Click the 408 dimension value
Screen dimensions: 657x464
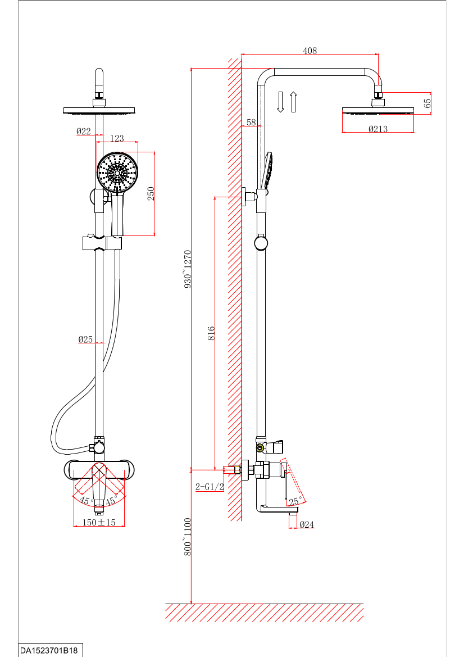[x=310, y=51]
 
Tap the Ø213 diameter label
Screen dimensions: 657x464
[x=378, y=129]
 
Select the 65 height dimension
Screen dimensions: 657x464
[x=427, y=103]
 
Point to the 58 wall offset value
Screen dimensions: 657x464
[x=251, y=122]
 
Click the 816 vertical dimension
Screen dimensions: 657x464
[x=211, y=333]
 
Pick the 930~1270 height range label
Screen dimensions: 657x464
[x=188, y=269]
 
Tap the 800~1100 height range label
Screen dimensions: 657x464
[x=188, y=537]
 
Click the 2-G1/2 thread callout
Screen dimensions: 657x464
[x=210, y=487]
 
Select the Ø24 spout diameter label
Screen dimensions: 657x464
[x=307, y=524]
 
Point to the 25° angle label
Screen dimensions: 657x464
[x=295, y=499]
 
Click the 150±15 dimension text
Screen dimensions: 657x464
[x=99, y=522]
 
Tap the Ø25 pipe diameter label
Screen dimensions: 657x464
[x=85, y=339]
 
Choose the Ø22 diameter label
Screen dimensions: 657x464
[x=84, y=132]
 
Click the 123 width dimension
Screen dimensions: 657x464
[x=117, y=138]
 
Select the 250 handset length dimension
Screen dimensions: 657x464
[x=151, y=193]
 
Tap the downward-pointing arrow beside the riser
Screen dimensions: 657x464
[x=281, y=102]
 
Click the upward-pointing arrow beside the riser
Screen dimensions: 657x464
[x=293, y=102]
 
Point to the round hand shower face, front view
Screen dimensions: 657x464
[x=117, y=173]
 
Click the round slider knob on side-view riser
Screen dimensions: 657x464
[x=261, y=243]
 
